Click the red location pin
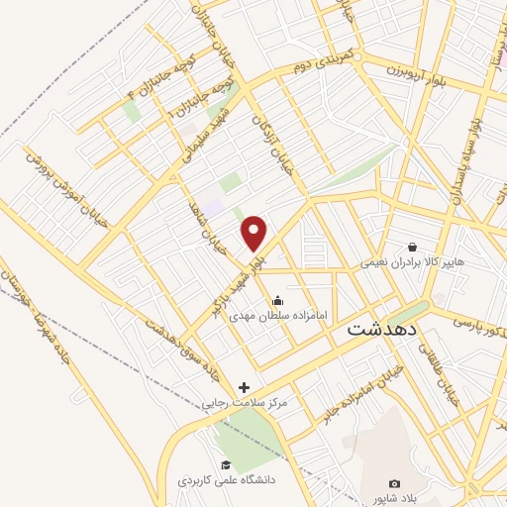pos(254,233)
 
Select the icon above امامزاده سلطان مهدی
pos(276,300)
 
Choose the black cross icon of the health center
pos(245,387)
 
